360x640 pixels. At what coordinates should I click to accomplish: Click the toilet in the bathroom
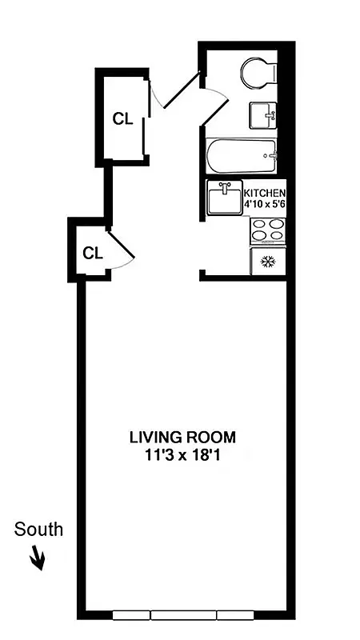258,73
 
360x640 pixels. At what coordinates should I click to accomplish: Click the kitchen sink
224,198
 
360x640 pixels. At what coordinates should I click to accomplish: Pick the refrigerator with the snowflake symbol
267,262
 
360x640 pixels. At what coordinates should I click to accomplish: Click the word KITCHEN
263,194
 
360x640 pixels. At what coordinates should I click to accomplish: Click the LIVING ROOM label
183,438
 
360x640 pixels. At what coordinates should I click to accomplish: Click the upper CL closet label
122,119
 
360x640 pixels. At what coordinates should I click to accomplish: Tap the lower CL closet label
93,254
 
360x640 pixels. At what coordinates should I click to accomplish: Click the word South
38,530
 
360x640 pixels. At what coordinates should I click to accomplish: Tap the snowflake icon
267,262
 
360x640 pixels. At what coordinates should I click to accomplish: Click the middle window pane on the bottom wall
183,615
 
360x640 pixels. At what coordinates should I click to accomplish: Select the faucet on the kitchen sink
225,186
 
